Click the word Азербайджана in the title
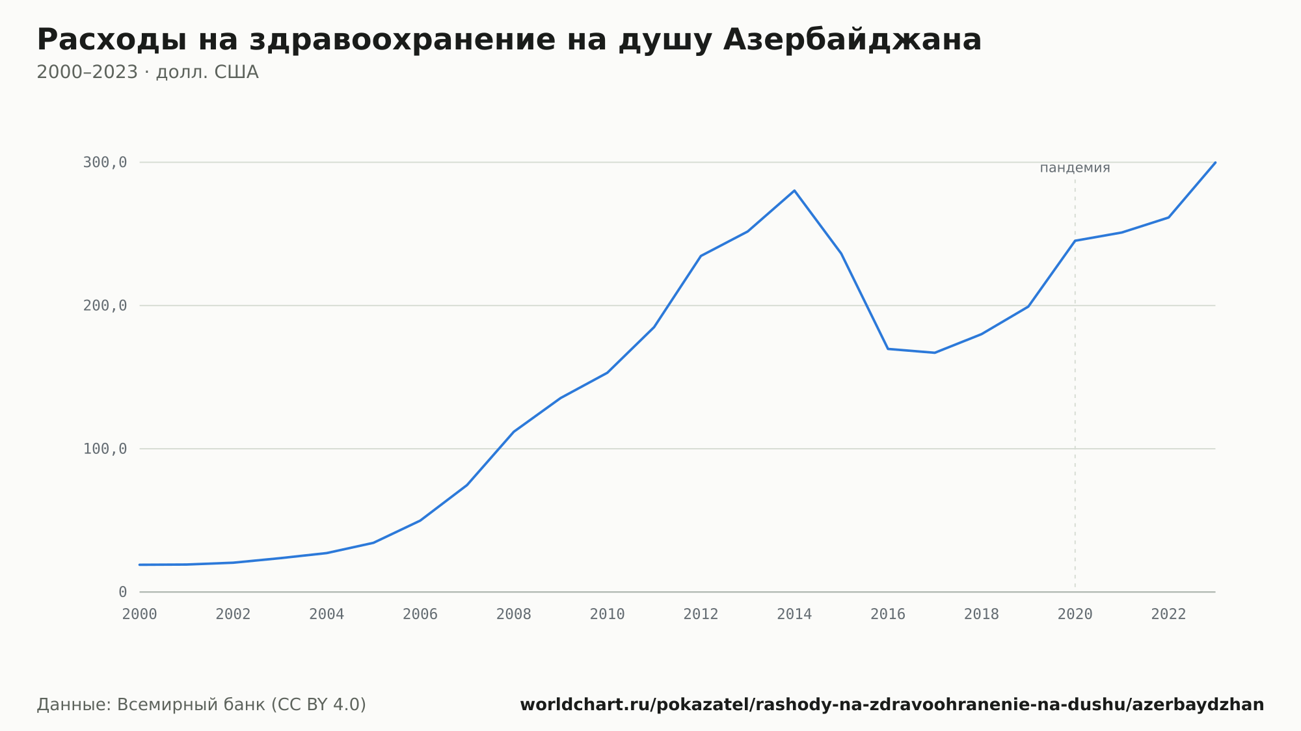(852, 40)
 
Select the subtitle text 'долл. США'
(208, 72)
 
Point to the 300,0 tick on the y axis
(105, 163)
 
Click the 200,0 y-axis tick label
(105, 306)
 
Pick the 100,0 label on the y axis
(105, 449)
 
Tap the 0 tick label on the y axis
(122, 592)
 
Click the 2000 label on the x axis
(140, 615)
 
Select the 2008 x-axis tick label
(514, 615)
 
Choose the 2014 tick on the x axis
(794, 615)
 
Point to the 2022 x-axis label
(1169, 615)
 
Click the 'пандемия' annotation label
(1075, 168)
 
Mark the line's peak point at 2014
(794, 191)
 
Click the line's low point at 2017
(935, 352)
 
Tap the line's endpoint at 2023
(1215, 163)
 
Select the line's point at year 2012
(701, 256)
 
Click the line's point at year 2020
(1075, 241)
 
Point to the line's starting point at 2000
(140, 565)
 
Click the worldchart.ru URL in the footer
(892, 705)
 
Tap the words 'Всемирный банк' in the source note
(191, 705)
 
